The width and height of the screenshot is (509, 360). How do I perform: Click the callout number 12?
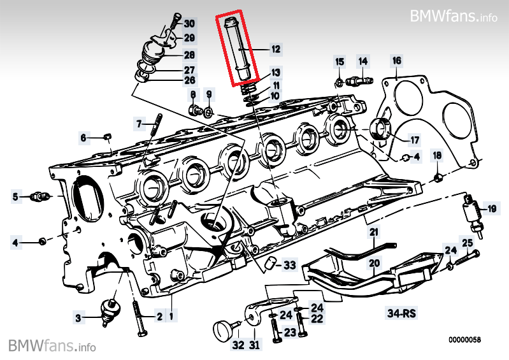[x=275, y=48]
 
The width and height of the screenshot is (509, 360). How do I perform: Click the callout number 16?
[x=397, y=61]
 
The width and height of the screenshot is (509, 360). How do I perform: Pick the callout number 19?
[x=491, y=208]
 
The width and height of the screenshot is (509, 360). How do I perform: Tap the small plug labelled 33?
[x=271, y=263]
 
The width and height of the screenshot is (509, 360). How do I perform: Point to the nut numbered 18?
[x=438, y=176]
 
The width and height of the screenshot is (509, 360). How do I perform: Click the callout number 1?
[x=171, y=315]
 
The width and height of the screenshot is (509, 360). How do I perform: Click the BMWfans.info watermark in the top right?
[x=454, y=15]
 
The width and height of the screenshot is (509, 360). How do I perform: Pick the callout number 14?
[x=363, y=61]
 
